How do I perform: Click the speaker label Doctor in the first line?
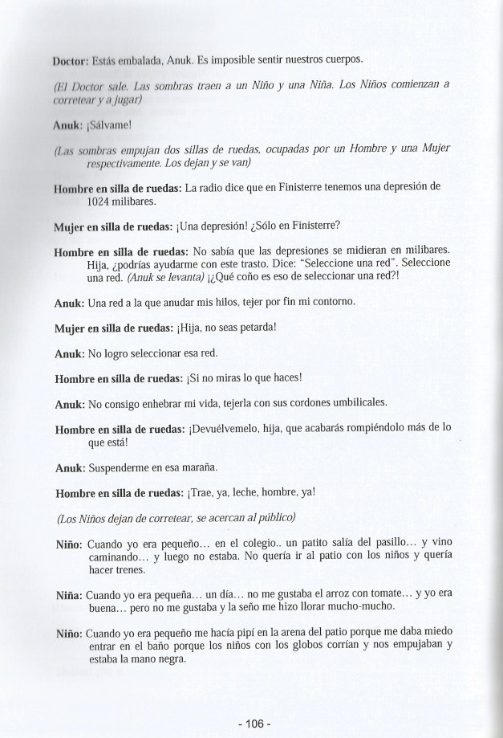(x=69, y=59)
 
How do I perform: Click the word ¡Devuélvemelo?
(x=230, y=429)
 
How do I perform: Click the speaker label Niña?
(x=66, y=595)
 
